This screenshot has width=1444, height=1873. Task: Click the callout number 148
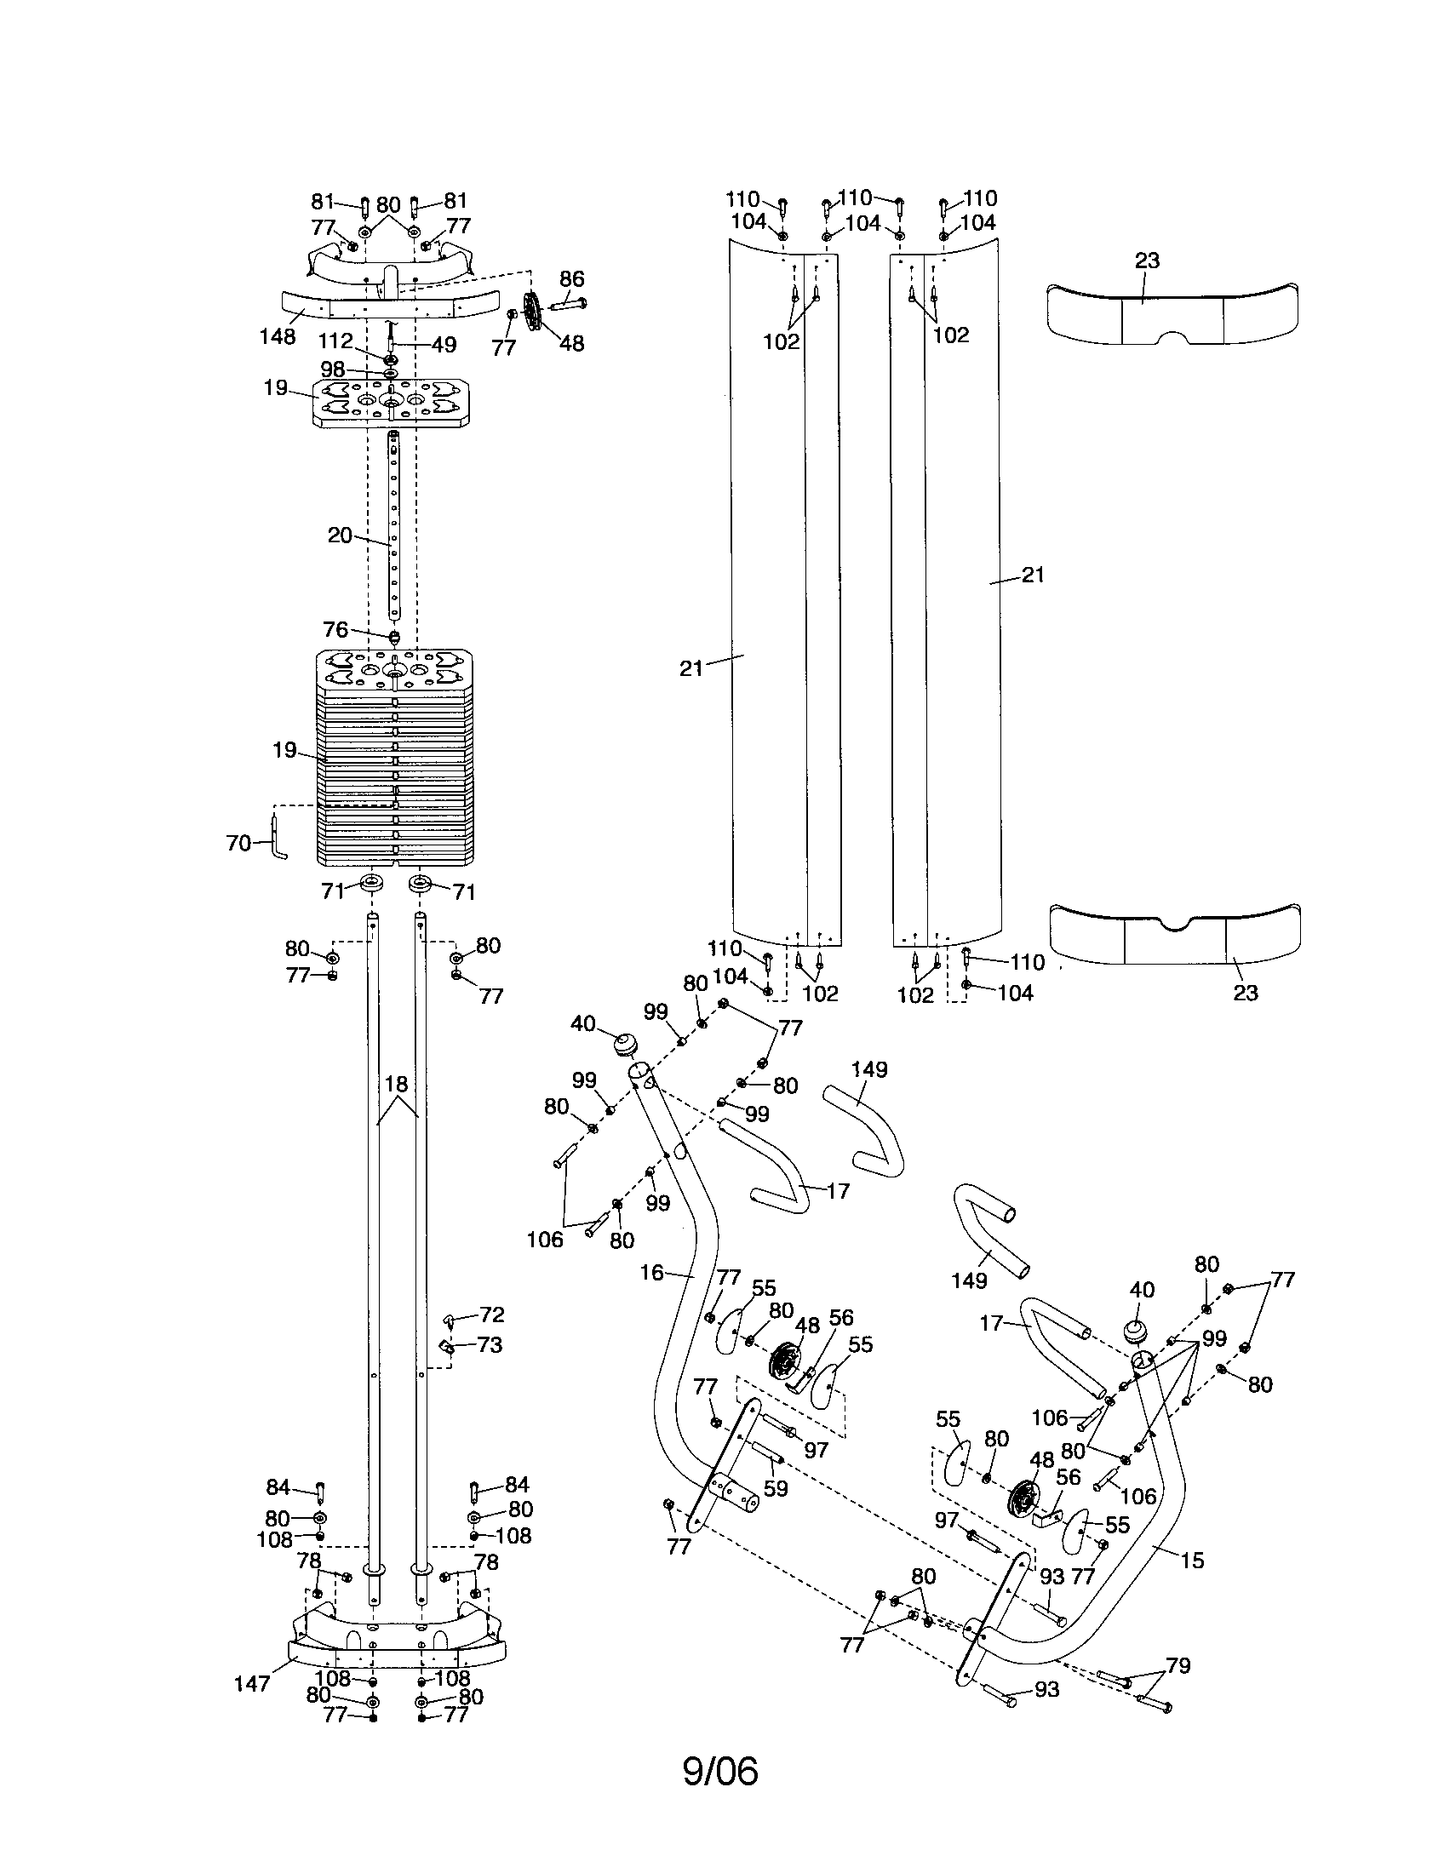(x=277, y=336)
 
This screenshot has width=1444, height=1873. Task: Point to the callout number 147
(x=252, y=1683)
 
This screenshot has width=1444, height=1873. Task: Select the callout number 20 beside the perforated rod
(x=340, y=536)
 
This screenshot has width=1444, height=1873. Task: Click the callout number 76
(x=335, y=629)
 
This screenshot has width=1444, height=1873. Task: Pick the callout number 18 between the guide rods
(x=395, y=1084)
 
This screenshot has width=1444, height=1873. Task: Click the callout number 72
(x=491, y=1315)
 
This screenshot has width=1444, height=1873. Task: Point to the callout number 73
(x=489, y=1344)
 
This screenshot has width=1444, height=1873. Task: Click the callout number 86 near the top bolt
(x=571, y=278)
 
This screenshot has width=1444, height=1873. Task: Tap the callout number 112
(x=335, y=341)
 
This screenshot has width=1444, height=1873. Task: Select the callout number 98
(x=332, y=369)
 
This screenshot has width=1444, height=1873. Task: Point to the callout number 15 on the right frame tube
(x=1192, y=1560)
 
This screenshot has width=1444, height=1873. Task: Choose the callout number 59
(x=775, y=1488)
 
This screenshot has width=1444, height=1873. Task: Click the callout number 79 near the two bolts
(x=1178, y=1665)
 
